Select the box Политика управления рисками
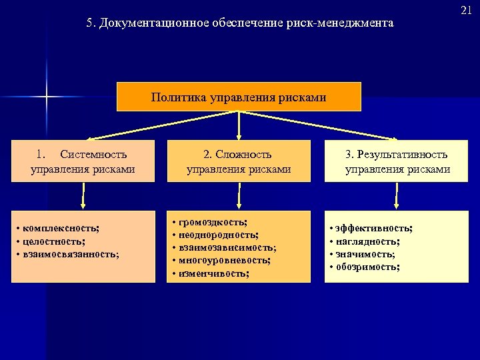coord(239,97)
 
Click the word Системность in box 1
coord(97,155)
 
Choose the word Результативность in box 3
coord(403,155)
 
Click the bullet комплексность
coord(59,229)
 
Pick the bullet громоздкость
coord(212,222)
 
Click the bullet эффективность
coord(373,229)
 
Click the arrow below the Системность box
coord(83,195)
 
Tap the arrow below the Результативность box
coord(397,195)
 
